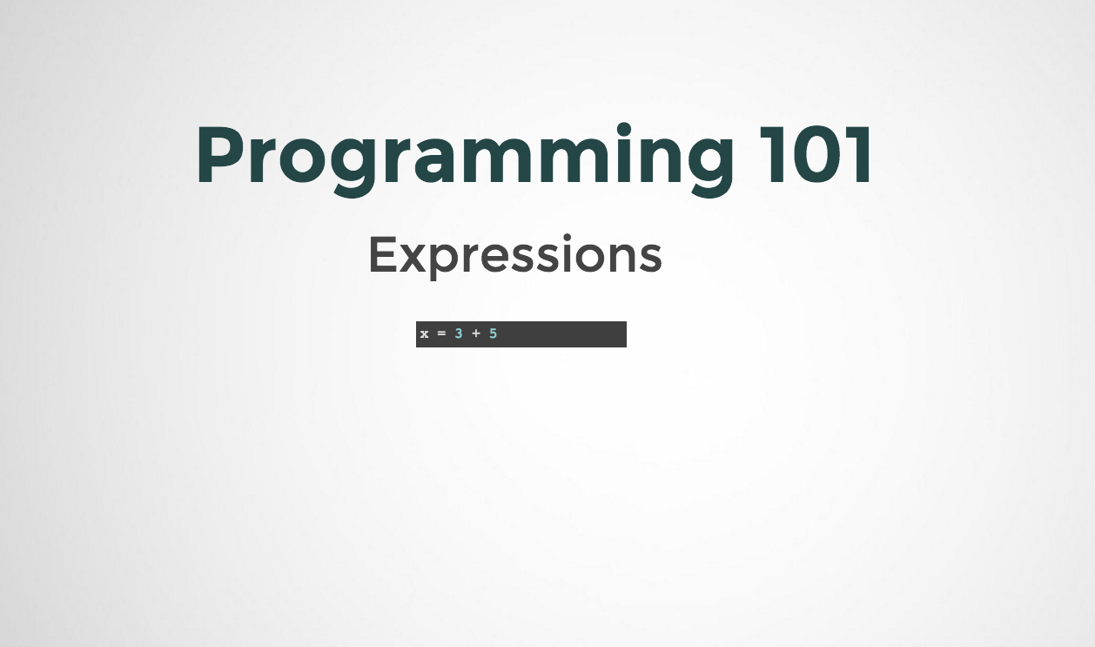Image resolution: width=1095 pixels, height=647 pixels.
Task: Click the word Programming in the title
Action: (x=465, y=159)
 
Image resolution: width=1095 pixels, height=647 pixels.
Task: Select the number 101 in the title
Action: (x=816, y=154)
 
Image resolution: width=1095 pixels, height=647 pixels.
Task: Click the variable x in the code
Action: (x=424, y=334)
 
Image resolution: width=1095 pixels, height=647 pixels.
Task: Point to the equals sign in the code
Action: (x=441, y=334)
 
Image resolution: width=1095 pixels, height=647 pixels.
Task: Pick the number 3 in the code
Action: (x=459, y=334)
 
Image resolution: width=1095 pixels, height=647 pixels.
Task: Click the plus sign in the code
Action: (x=475, y=334)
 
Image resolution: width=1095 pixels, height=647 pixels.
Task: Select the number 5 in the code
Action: (x=493, y=334)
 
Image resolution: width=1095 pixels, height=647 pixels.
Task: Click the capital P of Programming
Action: (x=222, y=154)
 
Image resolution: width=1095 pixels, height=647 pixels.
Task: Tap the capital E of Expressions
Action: (x=383, y=254)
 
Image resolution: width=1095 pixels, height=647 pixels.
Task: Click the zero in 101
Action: (x=822, y=154)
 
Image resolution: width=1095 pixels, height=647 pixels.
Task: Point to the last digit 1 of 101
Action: (x=861, y=154)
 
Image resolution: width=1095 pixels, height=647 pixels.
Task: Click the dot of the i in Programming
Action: (x=624, y=129)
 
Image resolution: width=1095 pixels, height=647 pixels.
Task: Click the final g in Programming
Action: (x=712, y=169)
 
